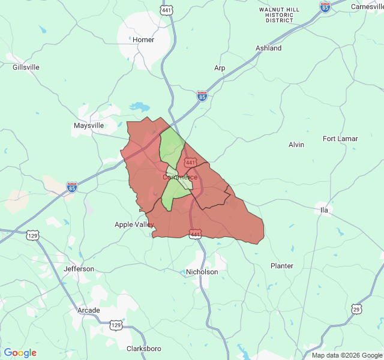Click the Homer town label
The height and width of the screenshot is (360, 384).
click(143, 40)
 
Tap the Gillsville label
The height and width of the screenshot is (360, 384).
click(26, 67)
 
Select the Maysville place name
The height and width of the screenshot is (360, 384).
click(89, 125)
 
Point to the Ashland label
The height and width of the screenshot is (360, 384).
click(268, 48)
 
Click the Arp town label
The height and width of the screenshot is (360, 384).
click(220, 68)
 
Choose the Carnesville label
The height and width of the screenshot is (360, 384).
click(366, 7)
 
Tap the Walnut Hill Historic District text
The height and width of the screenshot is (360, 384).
click(280, 15)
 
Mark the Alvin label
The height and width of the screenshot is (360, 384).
click(296, 145)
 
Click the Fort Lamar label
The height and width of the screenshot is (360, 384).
click(340, 139)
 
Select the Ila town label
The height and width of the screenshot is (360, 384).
click(324, 209)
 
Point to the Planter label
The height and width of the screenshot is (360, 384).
click(282, 266)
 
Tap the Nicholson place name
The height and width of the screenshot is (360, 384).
click(202, 272)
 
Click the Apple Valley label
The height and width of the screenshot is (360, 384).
click(134, 224)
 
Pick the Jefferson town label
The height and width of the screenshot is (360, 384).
click(79, 269)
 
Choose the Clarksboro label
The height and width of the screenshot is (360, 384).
click(144, 349)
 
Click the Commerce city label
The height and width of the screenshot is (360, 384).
click(180, 177)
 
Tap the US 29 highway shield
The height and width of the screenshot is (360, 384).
click(356, 309)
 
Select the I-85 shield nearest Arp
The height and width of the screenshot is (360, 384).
click(202, 96)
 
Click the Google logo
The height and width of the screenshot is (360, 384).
click(20, 353)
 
